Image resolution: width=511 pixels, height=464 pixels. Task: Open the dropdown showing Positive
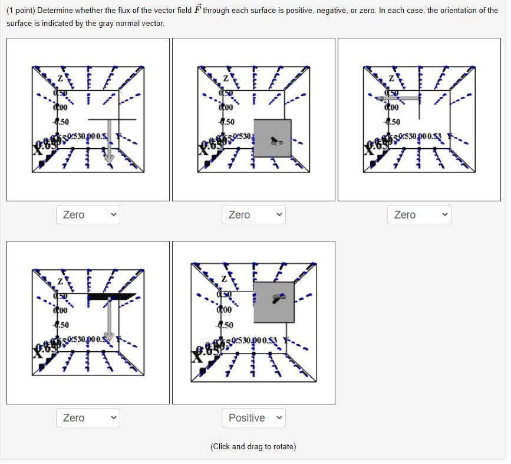[253, 417]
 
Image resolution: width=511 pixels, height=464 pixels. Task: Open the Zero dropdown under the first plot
[88, 215]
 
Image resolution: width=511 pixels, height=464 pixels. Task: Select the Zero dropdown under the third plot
[419, 215]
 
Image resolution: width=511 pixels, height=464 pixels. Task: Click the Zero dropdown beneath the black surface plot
[88, 417]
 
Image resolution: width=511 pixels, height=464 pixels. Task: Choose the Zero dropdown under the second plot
[253, 215]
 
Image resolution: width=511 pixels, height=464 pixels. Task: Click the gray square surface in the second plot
[272, 138]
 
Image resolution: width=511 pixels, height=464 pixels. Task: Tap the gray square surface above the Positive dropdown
[274, 302]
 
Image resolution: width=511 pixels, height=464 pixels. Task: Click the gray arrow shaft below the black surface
[109, 316]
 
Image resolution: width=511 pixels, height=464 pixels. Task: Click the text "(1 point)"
[21, 11]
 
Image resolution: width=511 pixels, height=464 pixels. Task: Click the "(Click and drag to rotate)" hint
[253, 447]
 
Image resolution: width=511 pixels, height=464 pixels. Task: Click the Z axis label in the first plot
[60, 79]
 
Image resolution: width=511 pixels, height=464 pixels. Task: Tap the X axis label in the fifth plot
[197, 356]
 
